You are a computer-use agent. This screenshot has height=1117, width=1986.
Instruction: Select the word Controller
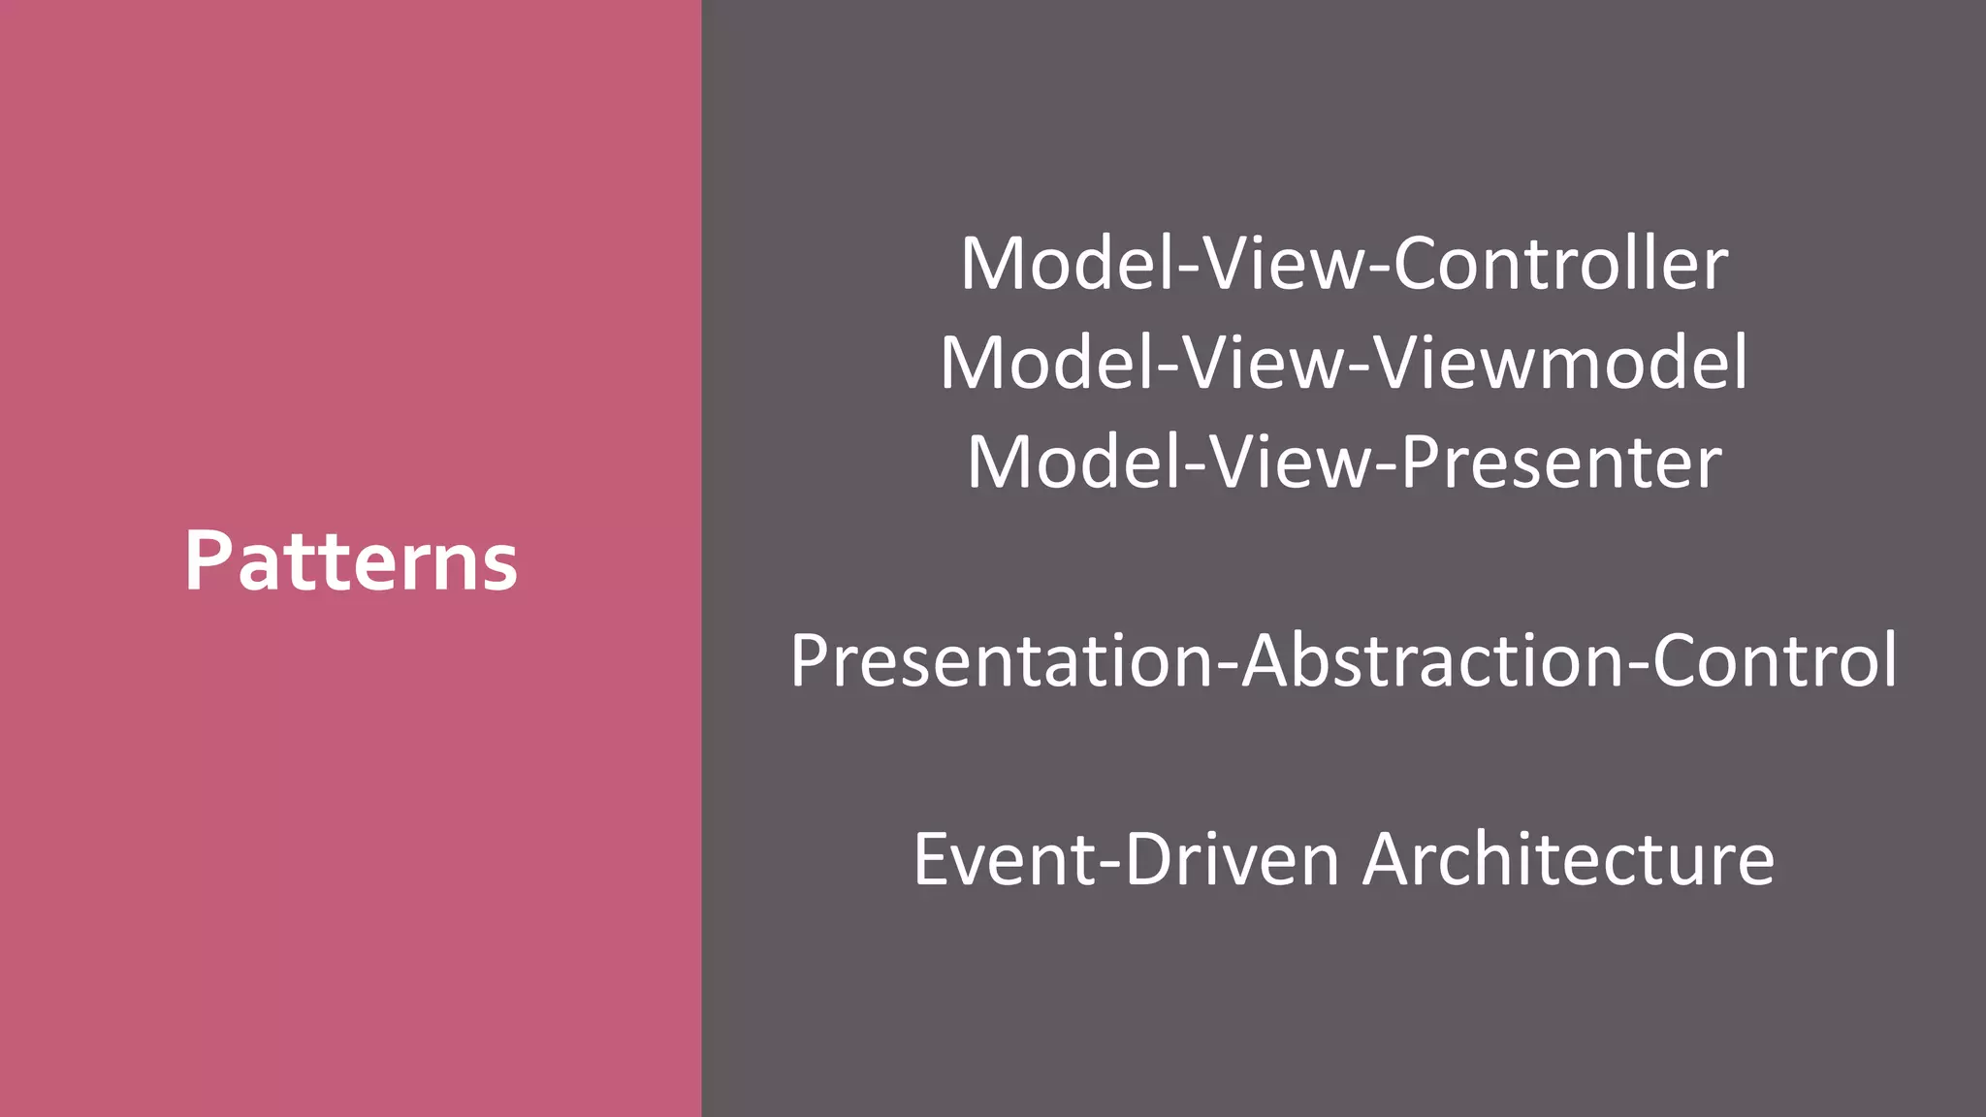pos(1560,264)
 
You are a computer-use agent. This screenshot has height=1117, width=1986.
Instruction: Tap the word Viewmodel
pos(1560,363)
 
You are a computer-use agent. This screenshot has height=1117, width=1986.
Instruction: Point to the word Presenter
pos(1560,462)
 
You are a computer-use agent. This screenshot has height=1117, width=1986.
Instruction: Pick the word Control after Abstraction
pos(1774,661)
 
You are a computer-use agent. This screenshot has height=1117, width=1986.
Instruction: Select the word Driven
pos(1232,859)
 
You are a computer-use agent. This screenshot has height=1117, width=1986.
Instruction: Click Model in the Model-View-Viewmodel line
pos(1047,363)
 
